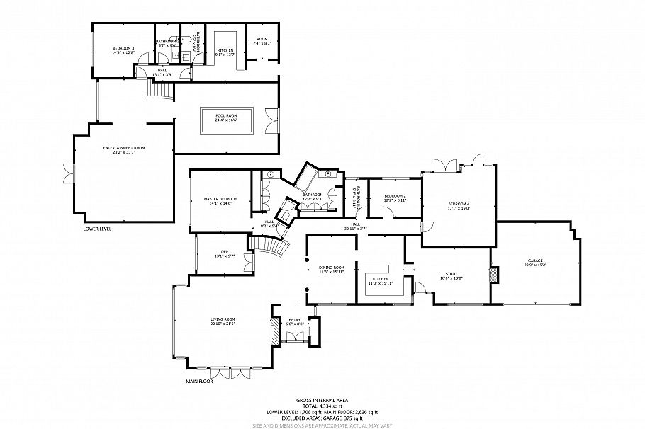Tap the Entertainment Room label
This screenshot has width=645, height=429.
tap(123, 149)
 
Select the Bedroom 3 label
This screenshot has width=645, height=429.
tap(123, 50)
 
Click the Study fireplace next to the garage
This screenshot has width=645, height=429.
tap(495, 274)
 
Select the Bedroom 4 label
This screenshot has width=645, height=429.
tap(459, 207)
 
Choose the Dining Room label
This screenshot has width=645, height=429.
tap(330, 270)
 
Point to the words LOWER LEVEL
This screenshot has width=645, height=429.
tap(97, 229)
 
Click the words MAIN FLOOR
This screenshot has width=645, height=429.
tap(199, 381)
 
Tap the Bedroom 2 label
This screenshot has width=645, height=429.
tap(395, 197)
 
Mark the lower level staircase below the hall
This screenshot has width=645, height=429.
tap(158, 90)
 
